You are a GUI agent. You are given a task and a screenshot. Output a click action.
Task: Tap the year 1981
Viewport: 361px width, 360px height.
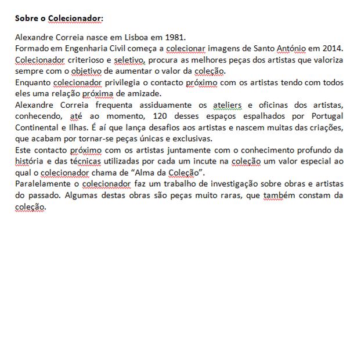pos(174,37)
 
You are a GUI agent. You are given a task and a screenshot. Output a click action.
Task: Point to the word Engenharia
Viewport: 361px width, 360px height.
pos(72,48)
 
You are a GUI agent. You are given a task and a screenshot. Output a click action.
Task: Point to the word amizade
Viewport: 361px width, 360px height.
pos(144,93)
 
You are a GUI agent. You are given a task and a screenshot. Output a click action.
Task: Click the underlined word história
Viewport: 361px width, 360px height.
pos(28,162)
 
